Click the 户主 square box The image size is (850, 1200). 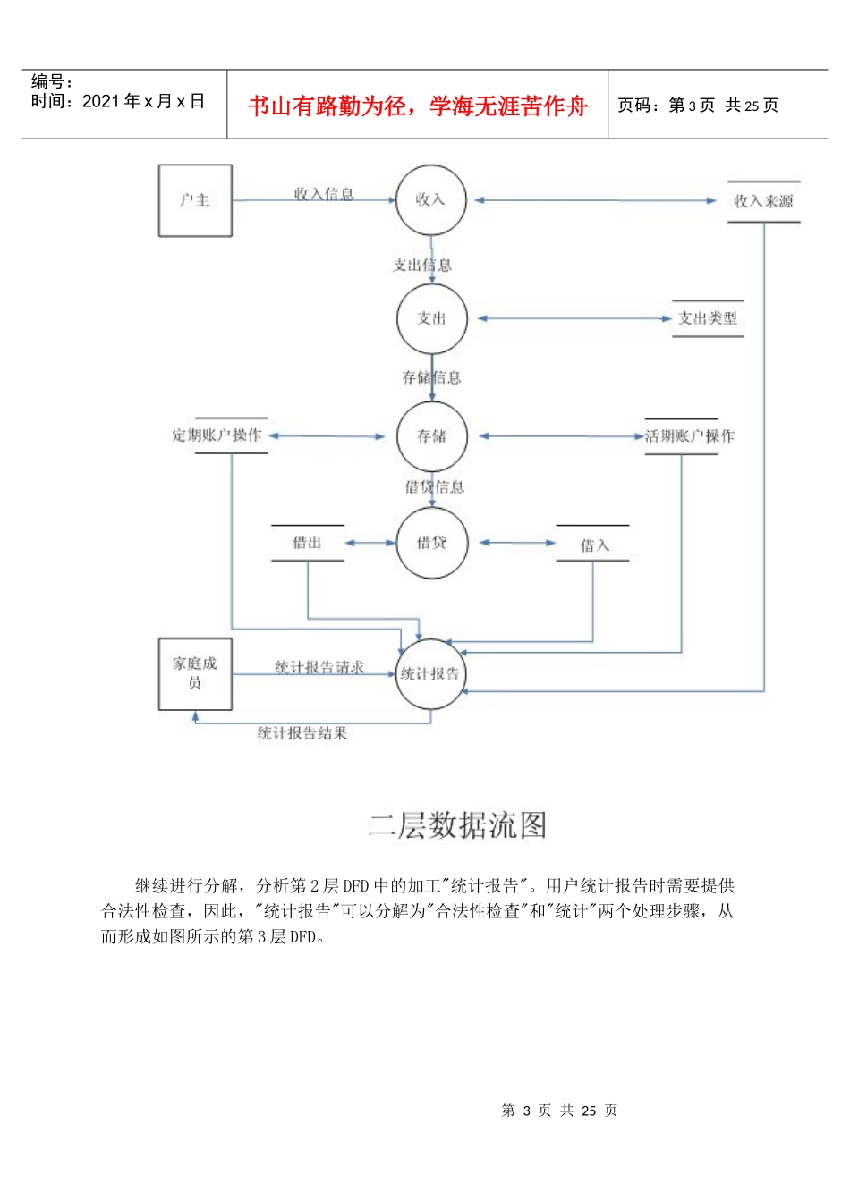pos(195,200)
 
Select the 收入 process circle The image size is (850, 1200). pos(431,199)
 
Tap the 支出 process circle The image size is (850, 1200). pos(431,318)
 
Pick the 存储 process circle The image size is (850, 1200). pos(431,436)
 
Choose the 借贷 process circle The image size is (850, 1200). pos(431,543)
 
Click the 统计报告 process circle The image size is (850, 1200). pos(431,674)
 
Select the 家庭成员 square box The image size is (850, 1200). pos(195,673)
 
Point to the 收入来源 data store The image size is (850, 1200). pos(763,201)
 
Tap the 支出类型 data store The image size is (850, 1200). pos(708,318)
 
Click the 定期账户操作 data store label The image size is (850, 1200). pos(217,435)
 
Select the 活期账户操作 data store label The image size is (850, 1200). pos(689,436)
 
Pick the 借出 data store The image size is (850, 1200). pos(307,543)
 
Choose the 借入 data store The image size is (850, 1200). pos(593,545)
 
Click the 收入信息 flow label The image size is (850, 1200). pos(324,193)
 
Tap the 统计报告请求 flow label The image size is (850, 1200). pos(319,667)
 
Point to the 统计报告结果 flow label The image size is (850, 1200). pos(302,733)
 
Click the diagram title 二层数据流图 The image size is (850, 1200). pos(458,824)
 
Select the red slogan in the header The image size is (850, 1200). pos(417,106)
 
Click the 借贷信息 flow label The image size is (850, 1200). pos(435,487)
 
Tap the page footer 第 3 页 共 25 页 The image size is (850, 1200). pos(559,1111)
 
